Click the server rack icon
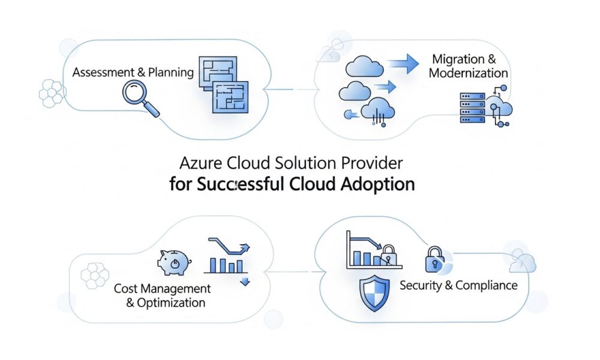pyautogui.click(x=472, y=108)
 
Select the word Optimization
pyautogui.click(x=172, y=302)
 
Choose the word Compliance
pyautogui.click(x=486, y=285)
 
